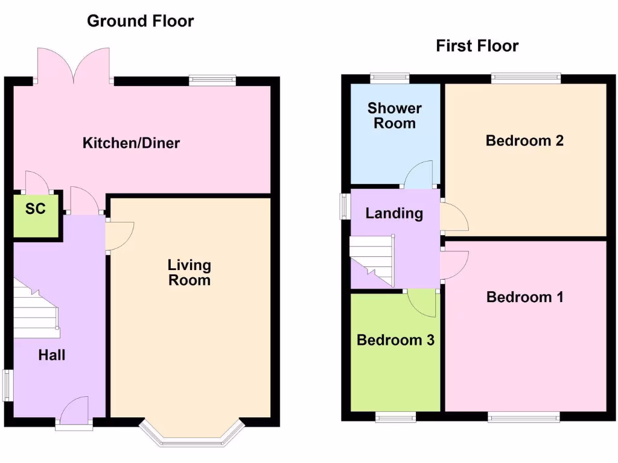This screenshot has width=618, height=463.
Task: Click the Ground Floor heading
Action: coord(140,21)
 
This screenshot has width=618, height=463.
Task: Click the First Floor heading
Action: coord(477,46)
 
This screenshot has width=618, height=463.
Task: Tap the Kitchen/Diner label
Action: coord(131,143)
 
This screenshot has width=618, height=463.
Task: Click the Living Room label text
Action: coord(189,272)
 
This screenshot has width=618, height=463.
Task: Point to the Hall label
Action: coord(52,356)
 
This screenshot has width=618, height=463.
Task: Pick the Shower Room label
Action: coord(395,116)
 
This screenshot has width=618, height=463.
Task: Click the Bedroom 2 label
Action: coord(524,140)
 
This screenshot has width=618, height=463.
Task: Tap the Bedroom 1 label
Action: coord(524,297)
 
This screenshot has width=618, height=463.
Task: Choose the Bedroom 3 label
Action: coord(395,340)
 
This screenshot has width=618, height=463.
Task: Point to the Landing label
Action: coord(394,213)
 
